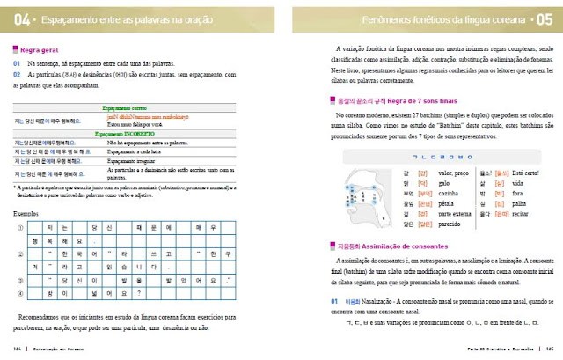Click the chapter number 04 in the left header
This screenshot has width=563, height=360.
pos(20,19)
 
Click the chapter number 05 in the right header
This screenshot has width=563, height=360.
pos(541,19)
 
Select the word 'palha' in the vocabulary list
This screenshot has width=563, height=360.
pos(520,204)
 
